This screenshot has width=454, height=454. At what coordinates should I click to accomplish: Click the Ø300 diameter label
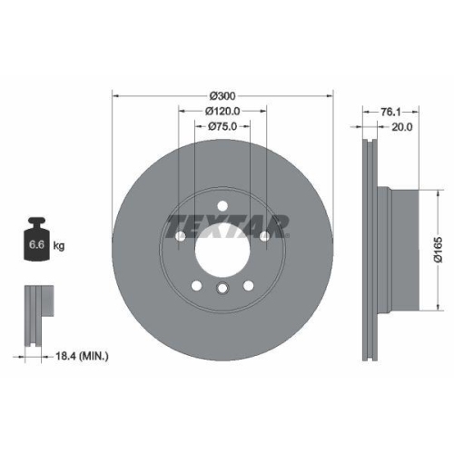[222, 95]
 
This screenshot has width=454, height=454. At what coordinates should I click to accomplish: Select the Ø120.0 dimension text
[222, 112]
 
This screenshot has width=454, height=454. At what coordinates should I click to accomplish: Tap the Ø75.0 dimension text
[222, 127]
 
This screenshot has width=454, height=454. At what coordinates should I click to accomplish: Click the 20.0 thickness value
[400, 127]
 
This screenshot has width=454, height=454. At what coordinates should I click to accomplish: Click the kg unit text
[59, 246]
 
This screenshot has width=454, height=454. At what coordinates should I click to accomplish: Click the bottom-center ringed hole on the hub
[222, 289]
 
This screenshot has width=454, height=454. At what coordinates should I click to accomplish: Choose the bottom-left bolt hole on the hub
[197, 286]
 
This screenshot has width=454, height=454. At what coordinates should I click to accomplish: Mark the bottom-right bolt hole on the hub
[248, 286]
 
